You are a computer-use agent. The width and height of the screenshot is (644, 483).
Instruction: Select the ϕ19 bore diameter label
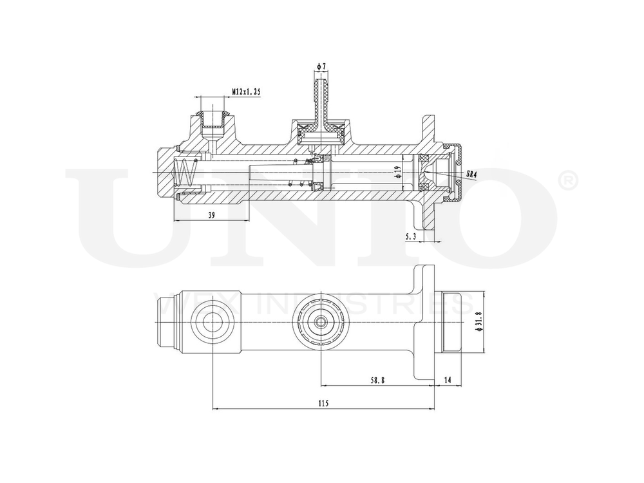tap(398, 173)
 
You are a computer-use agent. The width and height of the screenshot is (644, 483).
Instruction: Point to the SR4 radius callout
tap(471, 173)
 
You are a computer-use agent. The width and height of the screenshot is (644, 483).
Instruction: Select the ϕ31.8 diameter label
tap(477, 323)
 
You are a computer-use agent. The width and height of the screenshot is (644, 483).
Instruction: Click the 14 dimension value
tap(448, 380)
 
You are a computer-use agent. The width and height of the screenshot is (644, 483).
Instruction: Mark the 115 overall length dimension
tap(323, 403)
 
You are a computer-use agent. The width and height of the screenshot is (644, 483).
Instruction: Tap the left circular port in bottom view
tap(211, 323)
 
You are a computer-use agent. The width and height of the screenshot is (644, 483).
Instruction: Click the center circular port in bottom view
tap(320, 323)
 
